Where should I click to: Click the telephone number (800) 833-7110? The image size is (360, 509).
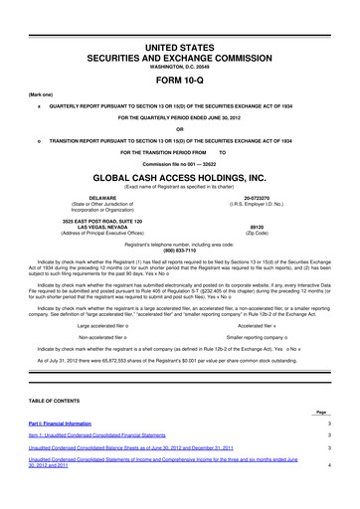pos(180,250)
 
